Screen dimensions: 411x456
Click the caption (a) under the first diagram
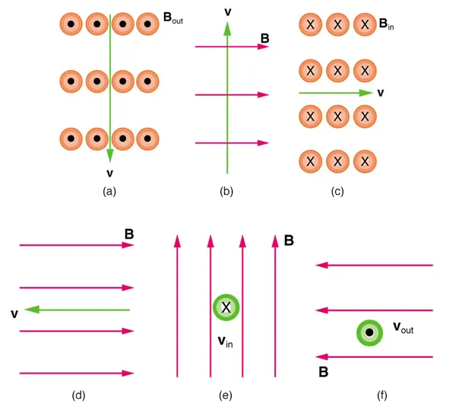pyautogui.click(x=109, y=192)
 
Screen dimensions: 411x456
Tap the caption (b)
pyautogui.click(x=226, y=192)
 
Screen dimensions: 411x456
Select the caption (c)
pyautogui.click(x=337, y=192)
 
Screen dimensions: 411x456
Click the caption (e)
pyautogui.click(x=226, y=394)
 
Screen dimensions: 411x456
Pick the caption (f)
pyautogui.click(x=373, y=394)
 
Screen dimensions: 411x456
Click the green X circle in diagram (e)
pyautogui.click(x=226, y=307)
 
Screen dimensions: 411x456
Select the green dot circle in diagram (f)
pyautogui.click(x=369, y=333)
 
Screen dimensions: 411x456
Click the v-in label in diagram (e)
pyautogui.click(x=225, y=342)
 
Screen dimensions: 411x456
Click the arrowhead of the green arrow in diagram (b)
pyautogui.click(x=226, y=29)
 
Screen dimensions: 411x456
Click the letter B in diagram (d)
pyautogui.click(x=129, y=234)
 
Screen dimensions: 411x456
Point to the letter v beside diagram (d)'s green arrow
pyautogui.click(x=14, y=312)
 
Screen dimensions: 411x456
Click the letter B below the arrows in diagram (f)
pyautogui.click(x=324, y=373)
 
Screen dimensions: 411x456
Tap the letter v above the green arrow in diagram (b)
pyautogui.click(x=226, y=11)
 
